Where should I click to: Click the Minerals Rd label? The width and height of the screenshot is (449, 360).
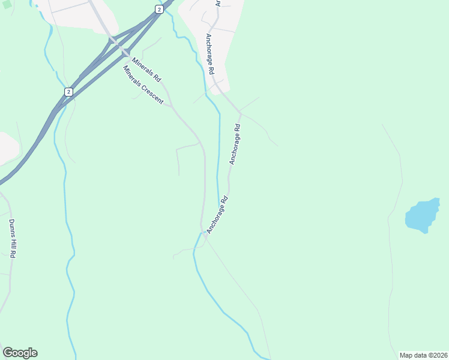(x=147, y=70)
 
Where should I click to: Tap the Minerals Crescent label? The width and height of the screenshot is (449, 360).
(x=143, y=85)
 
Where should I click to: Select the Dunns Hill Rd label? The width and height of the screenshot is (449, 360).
(x=12, y=238)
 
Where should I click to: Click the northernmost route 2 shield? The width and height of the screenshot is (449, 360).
(x=158, y=9)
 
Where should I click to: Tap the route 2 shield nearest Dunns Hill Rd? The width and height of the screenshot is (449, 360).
(x=69, y=92)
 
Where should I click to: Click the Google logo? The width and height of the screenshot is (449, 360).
(x=20, y=353)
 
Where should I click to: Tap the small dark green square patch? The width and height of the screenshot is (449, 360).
(x=7, y=4)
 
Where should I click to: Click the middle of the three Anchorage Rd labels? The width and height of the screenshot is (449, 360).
(x=235, y=144)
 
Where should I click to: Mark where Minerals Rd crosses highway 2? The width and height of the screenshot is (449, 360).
(x=118, y=46)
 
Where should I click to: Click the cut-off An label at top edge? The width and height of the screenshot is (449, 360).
(x=218, y=2)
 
